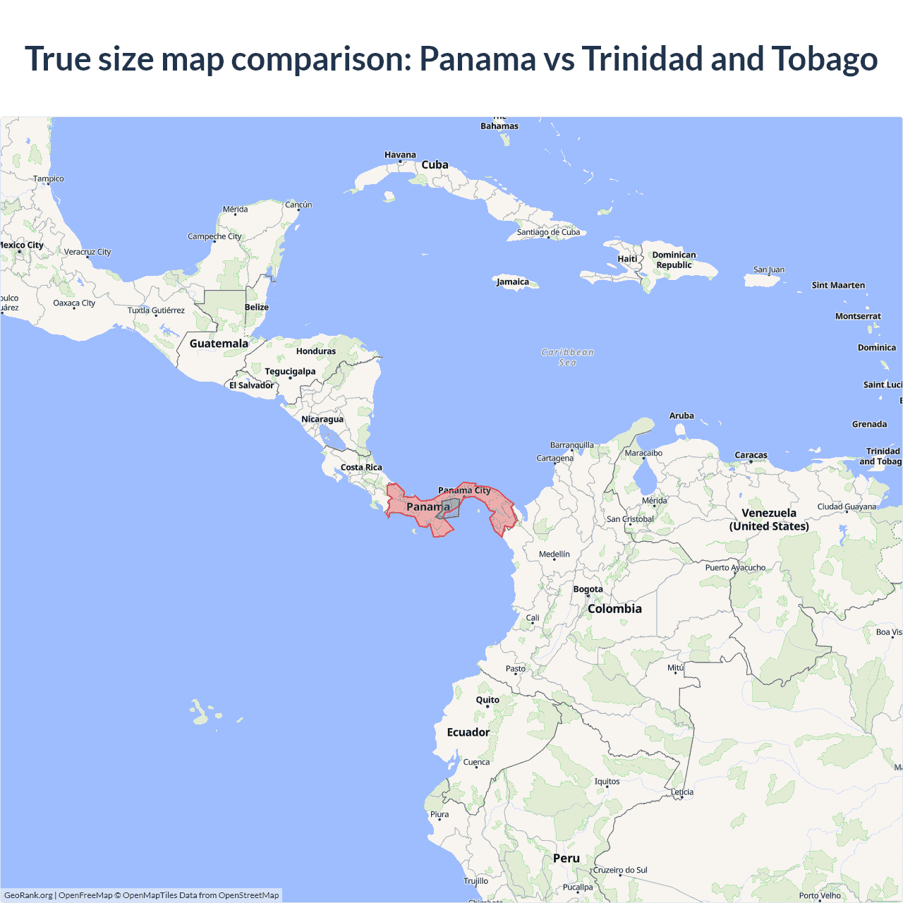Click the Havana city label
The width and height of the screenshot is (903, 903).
click(x=400, y=154)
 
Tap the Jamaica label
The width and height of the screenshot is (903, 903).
click(x=513, y=281)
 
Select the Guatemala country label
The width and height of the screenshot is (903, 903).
click(x=219, y=344)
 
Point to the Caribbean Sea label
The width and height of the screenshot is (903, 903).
click(x=568, y=357)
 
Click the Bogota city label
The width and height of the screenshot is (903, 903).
click(x=588, y=589)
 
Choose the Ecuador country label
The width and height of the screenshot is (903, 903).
click(x=468, y=732)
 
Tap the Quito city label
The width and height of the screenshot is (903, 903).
click(x=487, y=700)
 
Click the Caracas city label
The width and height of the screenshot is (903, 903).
click(x=751, y=455)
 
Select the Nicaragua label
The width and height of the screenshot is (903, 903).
click(x=322, y=419)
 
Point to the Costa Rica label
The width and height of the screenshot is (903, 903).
click(x=361, y=467)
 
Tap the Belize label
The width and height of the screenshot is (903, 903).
click(x=257, y=307)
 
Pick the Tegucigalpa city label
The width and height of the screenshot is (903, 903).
click(x=290, y=371)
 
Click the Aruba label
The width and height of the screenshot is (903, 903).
click(x=681, y=416)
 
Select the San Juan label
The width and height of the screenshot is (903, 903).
click(x=768, y=269)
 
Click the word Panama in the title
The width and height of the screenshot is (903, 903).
click(x=477, y=59)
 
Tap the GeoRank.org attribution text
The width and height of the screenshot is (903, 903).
click(x=28, y=895)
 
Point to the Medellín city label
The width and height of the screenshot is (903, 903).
click(x=554, y=554)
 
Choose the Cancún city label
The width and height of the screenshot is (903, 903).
click(x=298, y=205)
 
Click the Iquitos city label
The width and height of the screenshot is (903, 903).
click(x=607, y=781)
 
